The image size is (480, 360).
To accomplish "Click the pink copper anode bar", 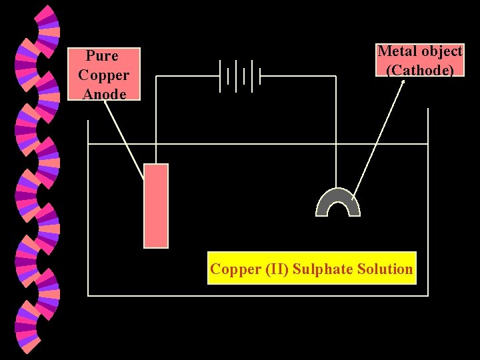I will pos(156,205).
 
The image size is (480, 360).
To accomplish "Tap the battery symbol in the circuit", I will pos(239,75).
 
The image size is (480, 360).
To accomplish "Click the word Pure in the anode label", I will pos(102,56).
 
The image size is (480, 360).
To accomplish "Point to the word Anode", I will pos(104,94).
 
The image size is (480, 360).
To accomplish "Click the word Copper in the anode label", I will pos(103,75).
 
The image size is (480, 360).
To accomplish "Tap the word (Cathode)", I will pos(420,70).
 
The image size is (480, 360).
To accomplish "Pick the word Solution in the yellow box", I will pos(385,269).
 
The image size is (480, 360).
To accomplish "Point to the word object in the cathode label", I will pos(441,51).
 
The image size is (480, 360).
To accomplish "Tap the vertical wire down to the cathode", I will pos(336,133).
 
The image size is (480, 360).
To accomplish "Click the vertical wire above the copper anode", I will pos(156,120).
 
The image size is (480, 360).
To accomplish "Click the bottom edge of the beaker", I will pos(258,295).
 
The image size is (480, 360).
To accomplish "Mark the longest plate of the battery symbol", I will pos(220,75).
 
